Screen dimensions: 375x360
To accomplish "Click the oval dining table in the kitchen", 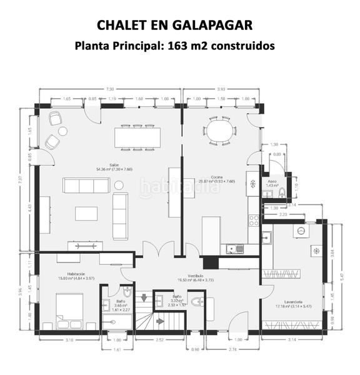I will pyautogui.click(x=219, y=132).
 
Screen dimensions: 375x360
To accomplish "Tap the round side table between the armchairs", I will pyautogui.click(x=63, y=131).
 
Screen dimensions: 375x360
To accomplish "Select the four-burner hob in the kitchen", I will pyautogui.click(x=254, y=220).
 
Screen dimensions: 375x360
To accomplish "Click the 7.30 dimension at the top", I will pyautogui.click(x=110, y=89).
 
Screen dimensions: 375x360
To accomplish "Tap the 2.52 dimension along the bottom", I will pyautogui.click(x=159, y=340).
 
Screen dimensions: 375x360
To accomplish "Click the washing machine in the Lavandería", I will pyautogui.click(x=301, y=231).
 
